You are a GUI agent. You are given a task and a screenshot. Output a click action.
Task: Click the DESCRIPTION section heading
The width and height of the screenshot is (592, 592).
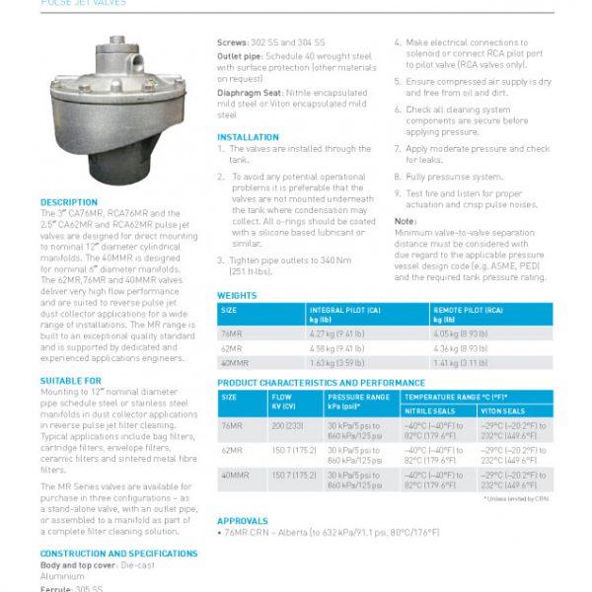(x=69, y=202)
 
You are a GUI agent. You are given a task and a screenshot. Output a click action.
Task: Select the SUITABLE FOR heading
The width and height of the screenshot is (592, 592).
(x=71, y=380)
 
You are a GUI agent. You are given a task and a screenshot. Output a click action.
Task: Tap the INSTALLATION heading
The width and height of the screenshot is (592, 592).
(x=248, y=137)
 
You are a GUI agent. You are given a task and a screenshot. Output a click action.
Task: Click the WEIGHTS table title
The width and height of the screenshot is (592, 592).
(x=238, y=295)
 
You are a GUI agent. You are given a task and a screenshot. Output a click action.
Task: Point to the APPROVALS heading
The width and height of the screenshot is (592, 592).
(x=243, y=520)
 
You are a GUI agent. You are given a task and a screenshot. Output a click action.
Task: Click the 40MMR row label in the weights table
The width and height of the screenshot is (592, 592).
(x=237, y=363)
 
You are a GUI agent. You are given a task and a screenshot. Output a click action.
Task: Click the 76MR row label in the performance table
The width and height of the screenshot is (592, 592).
(x=233, y=425)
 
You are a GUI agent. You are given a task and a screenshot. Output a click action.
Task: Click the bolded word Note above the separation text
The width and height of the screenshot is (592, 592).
(x=406, y=221)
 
